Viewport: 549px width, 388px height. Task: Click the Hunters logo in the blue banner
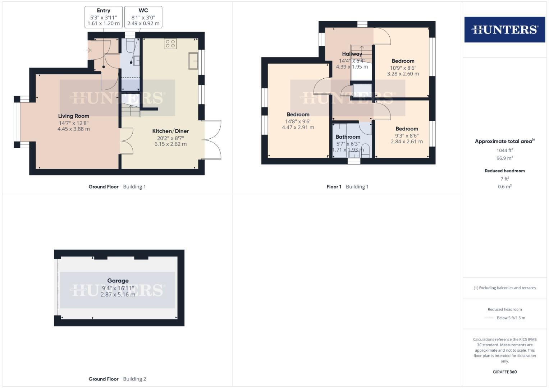[504, 29]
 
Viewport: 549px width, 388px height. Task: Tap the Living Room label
[74, 116]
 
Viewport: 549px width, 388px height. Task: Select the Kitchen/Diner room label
[170, 131]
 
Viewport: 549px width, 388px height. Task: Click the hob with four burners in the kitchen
[170, 44]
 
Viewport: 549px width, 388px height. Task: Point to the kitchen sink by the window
[193, 61]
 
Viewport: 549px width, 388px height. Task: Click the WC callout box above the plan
[143, 17]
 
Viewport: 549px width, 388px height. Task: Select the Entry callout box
[104, 17]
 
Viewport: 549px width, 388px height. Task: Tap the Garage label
[118, 281]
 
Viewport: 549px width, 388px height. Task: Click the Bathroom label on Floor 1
[348, 137]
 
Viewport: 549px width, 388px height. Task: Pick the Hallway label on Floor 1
[352, 54]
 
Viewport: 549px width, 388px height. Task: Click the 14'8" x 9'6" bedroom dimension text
[298, 121]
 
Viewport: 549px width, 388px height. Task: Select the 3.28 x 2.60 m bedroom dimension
[403, 74]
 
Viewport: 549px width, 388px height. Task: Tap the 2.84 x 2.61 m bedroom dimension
[407, 142]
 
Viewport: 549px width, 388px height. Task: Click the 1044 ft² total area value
[504, 151]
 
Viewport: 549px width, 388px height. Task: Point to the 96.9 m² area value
[504, 158]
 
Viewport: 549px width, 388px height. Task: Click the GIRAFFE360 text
[504, 372]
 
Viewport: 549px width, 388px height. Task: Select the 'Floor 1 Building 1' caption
[347, 186]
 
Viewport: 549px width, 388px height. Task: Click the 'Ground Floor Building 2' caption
[117, 379]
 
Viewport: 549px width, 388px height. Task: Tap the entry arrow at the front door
[88, 50]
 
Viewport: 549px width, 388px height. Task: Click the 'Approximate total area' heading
[504, 141]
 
